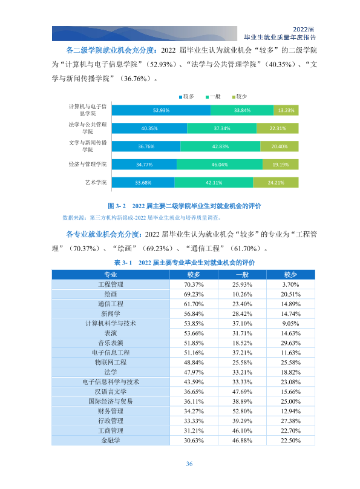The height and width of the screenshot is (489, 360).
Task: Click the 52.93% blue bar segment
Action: coord(161,110)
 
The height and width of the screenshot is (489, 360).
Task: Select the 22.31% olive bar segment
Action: coord(277,128)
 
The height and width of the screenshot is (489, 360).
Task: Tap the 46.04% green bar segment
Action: coord(220,165)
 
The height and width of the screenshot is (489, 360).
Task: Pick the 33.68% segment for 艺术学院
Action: coord(143,183)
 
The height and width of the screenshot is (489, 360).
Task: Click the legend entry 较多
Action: coord(186,97)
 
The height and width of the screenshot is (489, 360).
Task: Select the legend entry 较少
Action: coord(240,97)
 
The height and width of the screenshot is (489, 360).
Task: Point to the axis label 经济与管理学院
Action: coord(88,165)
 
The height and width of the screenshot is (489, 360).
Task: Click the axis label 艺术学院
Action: coord(96,182)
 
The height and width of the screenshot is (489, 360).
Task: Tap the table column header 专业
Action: coord(111,275)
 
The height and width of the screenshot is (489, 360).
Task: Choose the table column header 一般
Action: coord(242,275)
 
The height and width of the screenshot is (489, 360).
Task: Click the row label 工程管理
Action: coord(111,284)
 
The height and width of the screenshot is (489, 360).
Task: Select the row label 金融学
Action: coord(111,441)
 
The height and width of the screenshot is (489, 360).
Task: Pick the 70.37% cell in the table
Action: coord(194,284)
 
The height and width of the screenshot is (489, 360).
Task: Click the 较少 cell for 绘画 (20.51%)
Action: coord(290,294)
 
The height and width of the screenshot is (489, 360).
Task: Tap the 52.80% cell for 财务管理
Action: coord(242,411)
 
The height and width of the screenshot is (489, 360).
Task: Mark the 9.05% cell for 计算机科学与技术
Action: coord(290,323)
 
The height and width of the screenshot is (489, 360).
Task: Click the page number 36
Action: coord(189,464)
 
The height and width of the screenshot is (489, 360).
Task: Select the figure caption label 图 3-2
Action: coord(117,206)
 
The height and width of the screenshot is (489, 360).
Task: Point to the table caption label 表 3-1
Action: coord(123,263)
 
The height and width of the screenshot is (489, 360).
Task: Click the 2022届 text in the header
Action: coord(303,30)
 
